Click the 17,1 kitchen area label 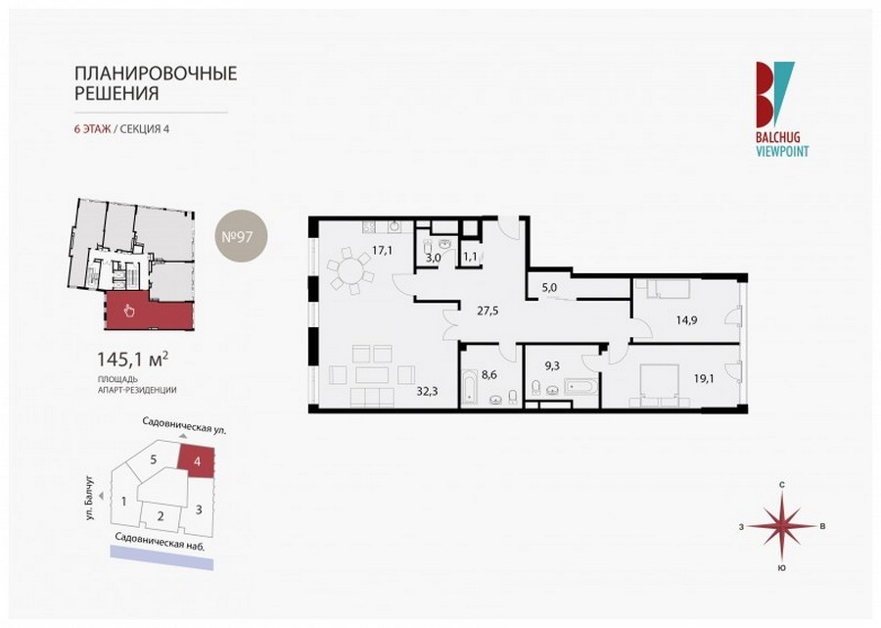(382, 251)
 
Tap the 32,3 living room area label (427, 391)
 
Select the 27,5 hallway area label (488, 310)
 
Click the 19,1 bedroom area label (704, 378)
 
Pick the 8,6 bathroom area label (489, 374)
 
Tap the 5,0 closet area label (549, 287)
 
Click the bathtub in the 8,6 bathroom (470, 388)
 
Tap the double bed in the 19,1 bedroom (660, 383)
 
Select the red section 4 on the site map (196, 461)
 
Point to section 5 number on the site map (154, 459)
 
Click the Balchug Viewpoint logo (781, 109)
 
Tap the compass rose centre (781, 526)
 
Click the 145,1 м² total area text (133, 360)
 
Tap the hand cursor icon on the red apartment (129, 310)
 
